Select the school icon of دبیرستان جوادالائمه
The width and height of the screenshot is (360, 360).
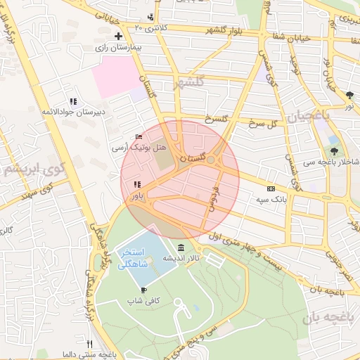73,101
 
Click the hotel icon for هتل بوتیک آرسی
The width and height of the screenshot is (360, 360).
138,137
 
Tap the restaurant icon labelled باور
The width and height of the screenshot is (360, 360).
136,185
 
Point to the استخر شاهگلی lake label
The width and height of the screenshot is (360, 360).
133,258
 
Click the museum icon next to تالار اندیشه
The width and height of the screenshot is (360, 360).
181,247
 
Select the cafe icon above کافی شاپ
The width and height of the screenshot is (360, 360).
143,290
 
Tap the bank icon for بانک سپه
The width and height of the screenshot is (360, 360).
271,188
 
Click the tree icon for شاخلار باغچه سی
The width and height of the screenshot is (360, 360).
334,150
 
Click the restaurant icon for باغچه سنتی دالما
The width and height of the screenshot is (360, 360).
89,344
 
